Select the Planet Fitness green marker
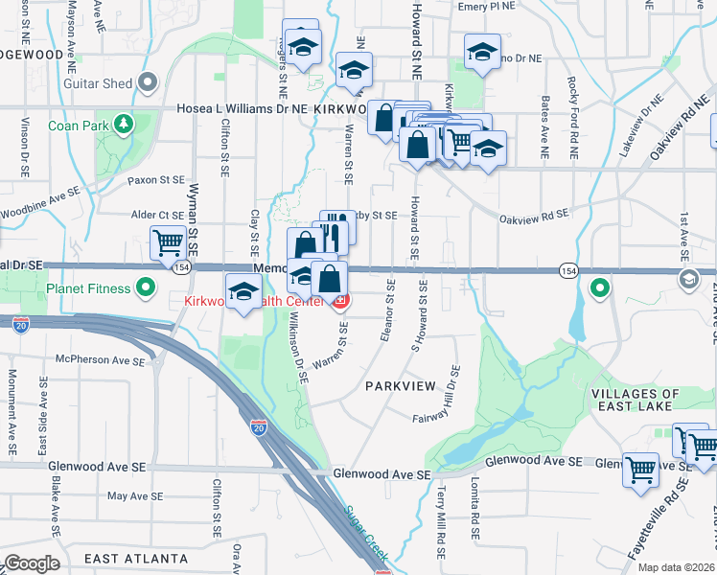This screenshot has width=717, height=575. pos(146,287)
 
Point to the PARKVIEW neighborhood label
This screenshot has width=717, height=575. pos(400,385)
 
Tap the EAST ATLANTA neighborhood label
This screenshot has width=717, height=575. pos(135,559)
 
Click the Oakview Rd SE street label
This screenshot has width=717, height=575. pos(534,217)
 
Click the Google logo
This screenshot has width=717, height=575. pos(32,563)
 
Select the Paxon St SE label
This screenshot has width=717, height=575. pos(155,179)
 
